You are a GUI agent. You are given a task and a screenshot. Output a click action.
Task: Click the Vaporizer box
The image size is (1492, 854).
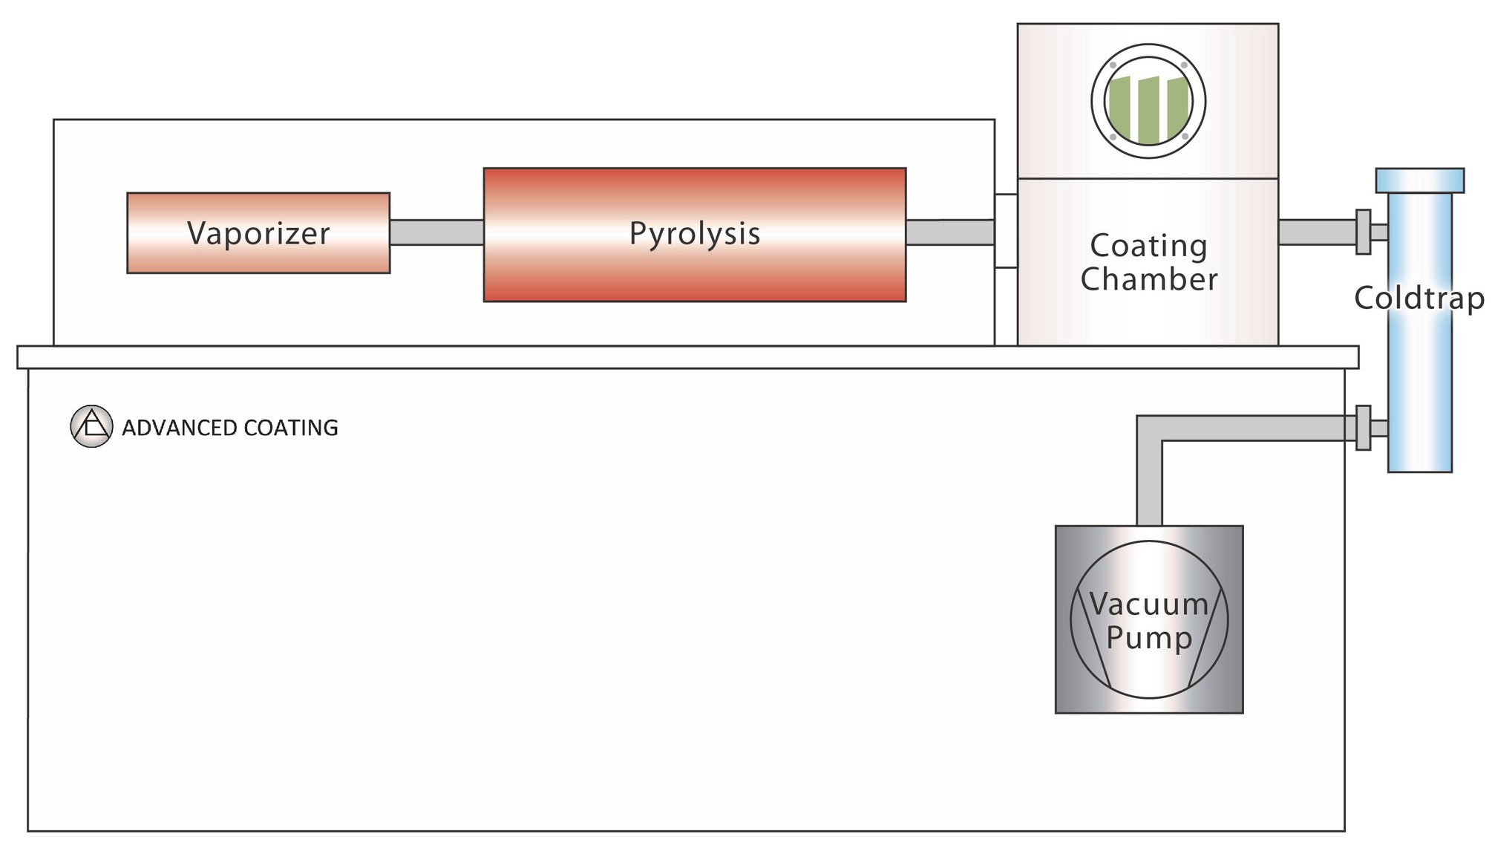[258, 233]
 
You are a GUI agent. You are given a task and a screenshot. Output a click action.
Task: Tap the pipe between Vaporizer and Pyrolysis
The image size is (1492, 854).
[436, 232]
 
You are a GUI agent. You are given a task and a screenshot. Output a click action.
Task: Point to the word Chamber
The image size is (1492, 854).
[1148, 280]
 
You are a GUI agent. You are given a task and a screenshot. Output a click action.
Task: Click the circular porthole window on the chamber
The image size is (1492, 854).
[1148, 101]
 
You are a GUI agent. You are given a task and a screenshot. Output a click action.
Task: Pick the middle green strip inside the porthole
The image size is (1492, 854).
[1148, 110]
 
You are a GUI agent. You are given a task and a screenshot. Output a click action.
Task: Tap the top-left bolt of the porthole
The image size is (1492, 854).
[1113, 65]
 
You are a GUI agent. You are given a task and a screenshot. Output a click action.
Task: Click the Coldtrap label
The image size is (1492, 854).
[1419, 298]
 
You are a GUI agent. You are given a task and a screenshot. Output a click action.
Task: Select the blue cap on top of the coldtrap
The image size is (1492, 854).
[1419, 180]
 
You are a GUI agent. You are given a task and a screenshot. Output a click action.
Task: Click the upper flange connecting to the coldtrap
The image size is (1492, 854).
[1363, 232]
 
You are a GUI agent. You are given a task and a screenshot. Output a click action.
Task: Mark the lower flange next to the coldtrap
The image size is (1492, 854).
[1363, 428]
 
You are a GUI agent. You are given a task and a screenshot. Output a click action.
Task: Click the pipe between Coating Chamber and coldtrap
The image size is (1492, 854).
[1315, 232]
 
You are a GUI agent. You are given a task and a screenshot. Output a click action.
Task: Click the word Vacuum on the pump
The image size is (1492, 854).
[1148, 604]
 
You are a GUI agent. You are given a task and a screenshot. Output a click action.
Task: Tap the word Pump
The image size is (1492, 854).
[1148, 638]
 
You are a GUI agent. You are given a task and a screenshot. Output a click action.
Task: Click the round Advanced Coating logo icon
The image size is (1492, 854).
[91, 426]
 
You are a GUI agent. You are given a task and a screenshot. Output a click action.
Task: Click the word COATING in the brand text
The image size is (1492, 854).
[290, 428]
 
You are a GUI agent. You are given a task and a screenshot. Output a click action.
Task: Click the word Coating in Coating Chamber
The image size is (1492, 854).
[1148, 246]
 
